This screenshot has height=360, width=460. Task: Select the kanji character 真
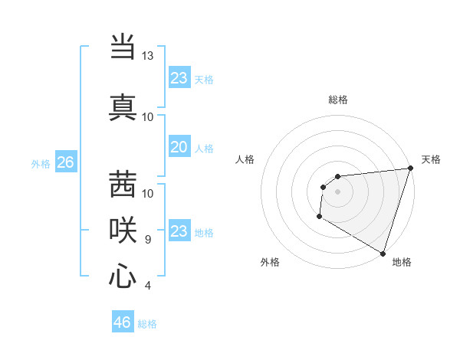123,106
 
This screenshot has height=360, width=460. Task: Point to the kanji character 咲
123,230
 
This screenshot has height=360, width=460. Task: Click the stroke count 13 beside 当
148,56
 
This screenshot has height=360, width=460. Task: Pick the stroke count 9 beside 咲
148,240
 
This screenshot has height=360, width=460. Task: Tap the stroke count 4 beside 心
148,286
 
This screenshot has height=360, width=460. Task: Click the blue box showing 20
179,148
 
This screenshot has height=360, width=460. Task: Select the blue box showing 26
65,162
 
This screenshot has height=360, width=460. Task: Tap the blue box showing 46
122,322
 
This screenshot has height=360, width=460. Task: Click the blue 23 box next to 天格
179,78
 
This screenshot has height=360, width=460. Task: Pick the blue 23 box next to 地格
179,231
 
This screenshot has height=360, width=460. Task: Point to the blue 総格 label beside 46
147,324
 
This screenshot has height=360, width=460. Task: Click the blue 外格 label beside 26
41,164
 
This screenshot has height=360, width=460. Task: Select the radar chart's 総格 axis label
337,100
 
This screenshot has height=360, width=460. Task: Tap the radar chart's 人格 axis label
245,159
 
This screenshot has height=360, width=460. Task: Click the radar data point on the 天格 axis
410,169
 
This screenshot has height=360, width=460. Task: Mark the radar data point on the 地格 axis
383,253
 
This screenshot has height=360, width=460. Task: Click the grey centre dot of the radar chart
337,191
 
